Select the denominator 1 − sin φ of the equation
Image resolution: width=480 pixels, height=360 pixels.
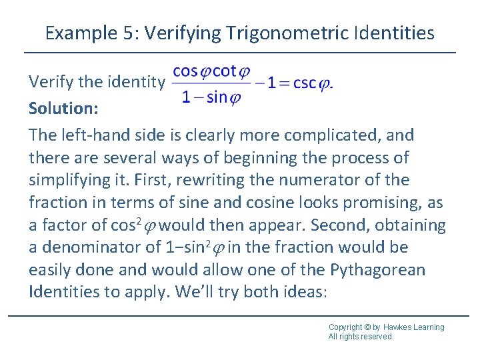(211, 98)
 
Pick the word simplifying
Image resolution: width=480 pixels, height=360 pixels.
(67, 181)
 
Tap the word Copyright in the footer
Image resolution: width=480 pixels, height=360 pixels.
(345, 327)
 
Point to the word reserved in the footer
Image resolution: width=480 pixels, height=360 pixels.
(377, 337)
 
